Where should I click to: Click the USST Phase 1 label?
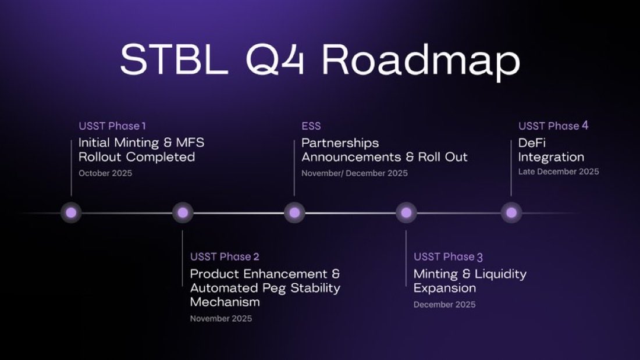pos(112,126)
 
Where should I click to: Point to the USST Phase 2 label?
pos(225,256)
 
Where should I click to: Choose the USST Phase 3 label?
pos(448,256)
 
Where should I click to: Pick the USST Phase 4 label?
pos(553,126)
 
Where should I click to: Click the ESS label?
pos(311,126)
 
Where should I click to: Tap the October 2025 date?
pos(105,173)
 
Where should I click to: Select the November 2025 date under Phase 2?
pos(221,318)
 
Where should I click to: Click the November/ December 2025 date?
pos(354,173)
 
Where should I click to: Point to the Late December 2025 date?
pos(559,172)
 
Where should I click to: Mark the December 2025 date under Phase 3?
pos(445,304)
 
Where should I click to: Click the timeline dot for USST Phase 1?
pos(72,213)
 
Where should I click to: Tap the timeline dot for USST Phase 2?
pos(183,213)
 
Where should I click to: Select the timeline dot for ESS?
pos(294,213)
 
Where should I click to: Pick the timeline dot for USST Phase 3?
pos(406,213)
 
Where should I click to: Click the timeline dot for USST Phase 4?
pos(511,213)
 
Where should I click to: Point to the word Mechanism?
pos(225,302)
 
